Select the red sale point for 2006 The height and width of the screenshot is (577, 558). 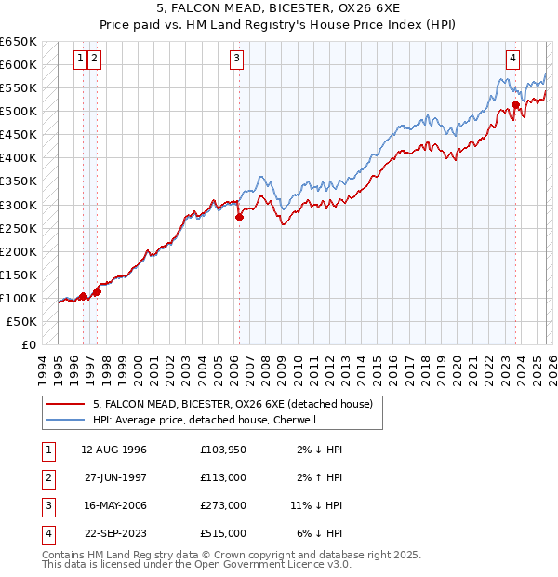coord(239,217)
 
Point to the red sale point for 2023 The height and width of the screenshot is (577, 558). coord(516,104)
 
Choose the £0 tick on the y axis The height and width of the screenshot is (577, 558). coord(28,344)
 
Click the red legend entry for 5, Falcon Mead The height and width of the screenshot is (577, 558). coord(232,404)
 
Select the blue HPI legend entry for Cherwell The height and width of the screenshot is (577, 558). coord(205,420)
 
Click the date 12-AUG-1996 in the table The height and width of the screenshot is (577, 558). coord(114,450)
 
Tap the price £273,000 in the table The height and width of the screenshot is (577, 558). coord(223,505)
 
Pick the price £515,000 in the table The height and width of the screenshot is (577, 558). coord(223,533)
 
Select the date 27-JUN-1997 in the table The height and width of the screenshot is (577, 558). coord(114,477)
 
